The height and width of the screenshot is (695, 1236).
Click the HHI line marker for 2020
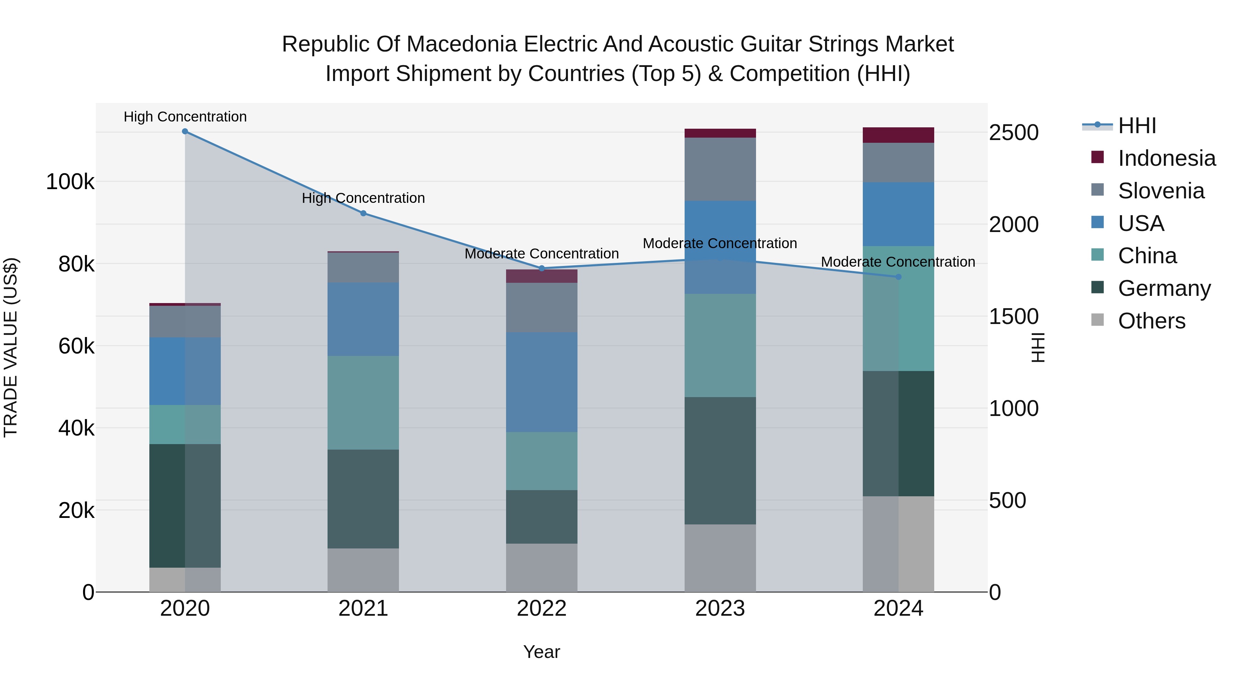(185, 131)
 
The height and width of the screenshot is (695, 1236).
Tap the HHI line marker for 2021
(363, 213)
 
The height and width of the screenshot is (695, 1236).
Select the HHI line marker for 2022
(542, 269)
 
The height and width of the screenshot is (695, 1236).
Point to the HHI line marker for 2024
(898, 277)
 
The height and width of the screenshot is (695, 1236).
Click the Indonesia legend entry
(1166, 158)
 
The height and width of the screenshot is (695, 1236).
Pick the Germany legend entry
(1164, 288)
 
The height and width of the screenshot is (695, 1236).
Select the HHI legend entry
(1136, 126)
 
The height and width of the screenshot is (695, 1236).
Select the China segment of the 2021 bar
(363, 403)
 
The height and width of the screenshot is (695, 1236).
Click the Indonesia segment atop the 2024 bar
(898, 135)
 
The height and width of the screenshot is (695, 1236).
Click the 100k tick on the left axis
(70, 182)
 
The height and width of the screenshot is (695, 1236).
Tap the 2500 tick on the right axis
(1014, 133)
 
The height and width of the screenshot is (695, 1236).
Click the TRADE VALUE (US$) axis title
(11, 347)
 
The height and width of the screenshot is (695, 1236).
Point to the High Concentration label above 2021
(363, 198)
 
